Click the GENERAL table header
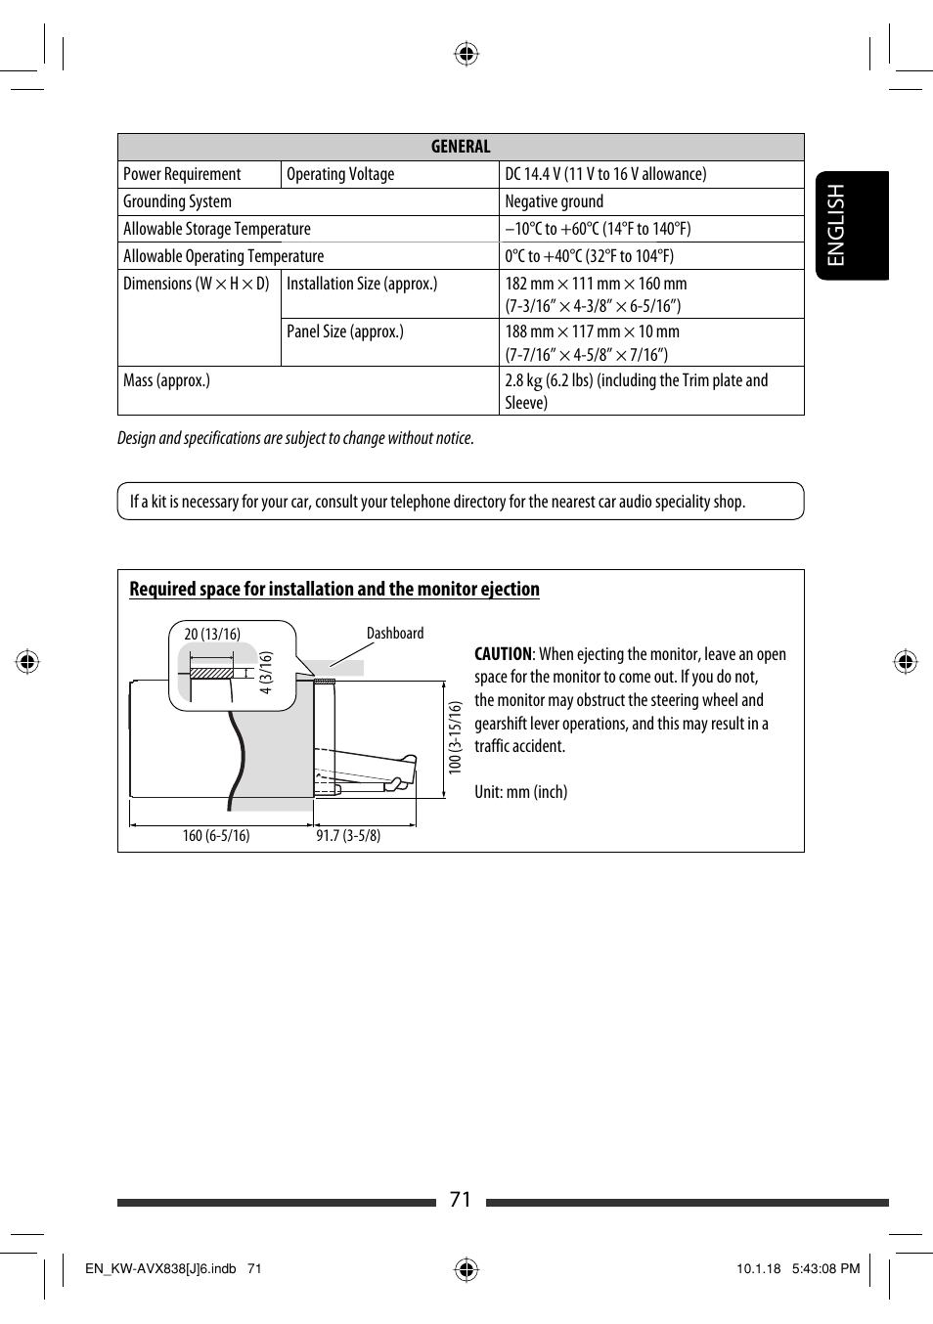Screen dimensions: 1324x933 461,147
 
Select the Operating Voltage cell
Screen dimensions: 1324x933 340,174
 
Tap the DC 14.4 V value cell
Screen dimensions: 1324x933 605,174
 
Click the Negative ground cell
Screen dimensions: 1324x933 554,201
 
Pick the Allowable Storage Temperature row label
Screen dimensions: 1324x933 217,229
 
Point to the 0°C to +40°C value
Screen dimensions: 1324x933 589,256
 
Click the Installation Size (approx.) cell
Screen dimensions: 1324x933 362,284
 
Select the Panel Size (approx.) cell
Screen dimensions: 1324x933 345,331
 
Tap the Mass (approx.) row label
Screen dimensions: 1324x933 166,380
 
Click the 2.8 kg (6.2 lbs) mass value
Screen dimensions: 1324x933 636,391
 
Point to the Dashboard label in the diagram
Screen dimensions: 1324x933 395,634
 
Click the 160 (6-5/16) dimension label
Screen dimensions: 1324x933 216,836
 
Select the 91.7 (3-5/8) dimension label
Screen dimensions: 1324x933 348,836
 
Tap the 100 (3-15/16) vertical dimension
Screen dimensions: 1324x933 455,737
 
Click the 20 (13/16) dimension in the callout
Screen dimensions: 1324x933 212,635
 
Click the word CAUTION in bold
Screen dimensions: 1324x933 503,654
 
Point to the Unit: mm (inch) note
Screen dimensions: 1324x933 520,792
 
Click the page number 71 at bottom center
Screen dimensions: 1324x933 461,1200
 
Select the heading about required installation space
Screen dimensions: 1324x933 334,589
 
